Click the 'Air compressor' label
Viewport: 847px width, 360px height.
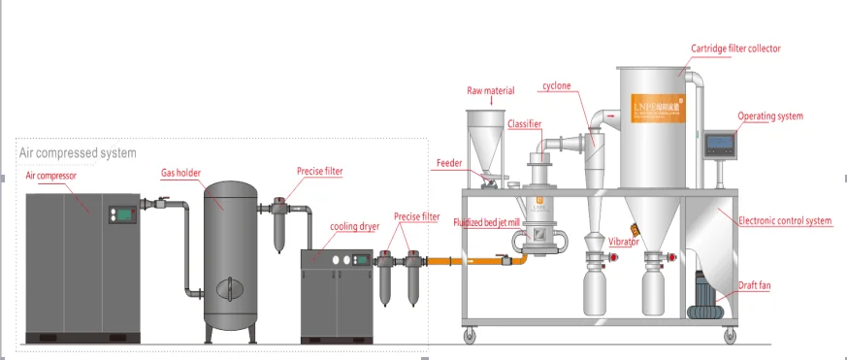[50, 177]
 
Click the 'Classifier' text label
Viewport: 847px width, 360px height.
[522, 123]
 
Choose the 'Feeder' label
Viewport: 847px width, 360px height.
[449, 163]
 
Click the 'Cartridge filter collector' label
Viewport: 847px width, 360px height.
[735, 49]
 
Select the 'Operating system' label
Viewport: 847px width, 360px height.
[770, 116]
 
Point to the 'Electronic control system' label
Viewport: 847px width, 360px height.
[786, 221]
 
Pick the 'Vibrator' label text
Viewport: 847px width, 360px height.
[624, 241]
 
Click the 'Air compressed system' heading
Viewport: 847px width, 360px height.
[78, 152]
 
